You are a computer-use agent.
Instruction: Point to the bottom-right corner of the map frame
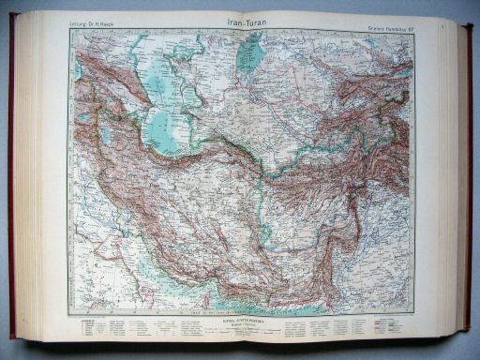[415, 315]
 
